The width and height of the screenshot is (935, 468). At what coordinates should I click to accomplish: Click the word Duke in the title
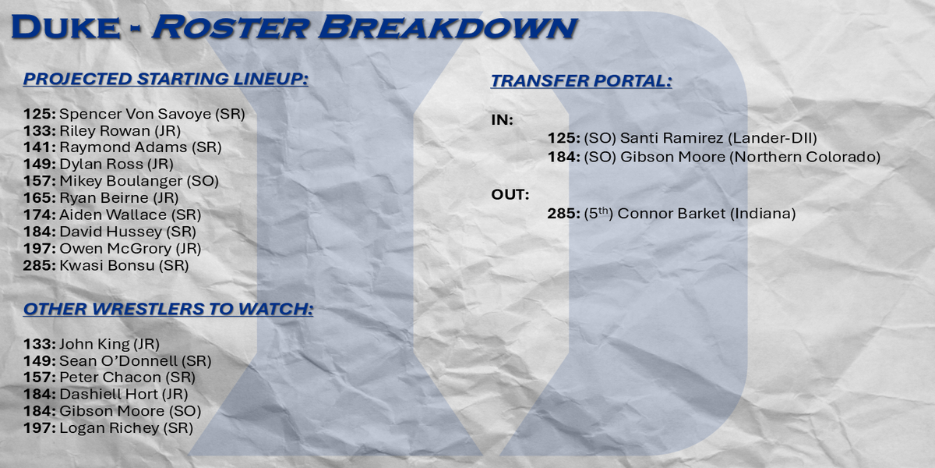click(66, 28)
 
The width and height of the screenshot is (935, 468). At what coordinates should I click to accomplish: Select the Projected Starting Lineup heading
click(166, 79)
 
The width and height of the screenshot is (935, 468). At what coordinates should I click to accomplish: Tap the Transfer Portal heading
click(581, 80)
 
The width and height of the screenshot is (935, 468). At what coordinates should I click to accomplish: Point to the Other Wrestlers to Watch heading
click(168, 309)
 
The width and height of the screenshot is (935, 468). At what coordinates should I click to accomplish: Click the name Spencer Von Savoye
click(136, 114)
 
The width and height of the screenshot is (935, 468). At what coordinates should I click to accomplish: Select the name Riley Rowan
click(104, 131)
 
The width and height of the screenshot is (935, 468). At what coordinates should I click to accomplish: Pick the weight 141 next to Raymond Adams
click(39, 147)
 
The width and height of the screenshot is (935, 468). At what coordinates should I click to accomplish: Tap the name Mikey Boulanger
click(121, 181)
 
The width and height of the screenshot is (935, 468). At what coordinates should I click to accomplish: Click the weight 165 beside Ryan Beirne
click(39, 197)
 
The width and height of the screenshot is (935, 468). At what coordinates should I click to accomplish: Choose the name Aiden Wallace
click(113, 214)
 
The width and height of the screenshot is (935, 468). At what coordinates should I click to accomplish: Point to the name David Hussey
click(111, 232)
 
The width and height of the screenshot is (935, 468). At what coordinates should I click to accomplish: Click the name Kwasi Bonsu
click(107, 265)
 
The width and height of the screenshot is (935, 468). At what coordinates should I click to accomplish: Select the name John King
click(94, 344)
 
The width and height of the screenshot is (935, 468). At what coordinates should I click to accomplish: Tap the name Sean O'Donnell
click(118, 360)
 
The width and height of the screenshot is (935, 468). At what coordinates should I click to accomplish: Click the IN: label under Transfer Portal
click(502, 120)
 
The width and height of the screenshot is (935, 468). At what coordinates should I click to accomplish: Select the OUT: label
click(510, 195)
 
